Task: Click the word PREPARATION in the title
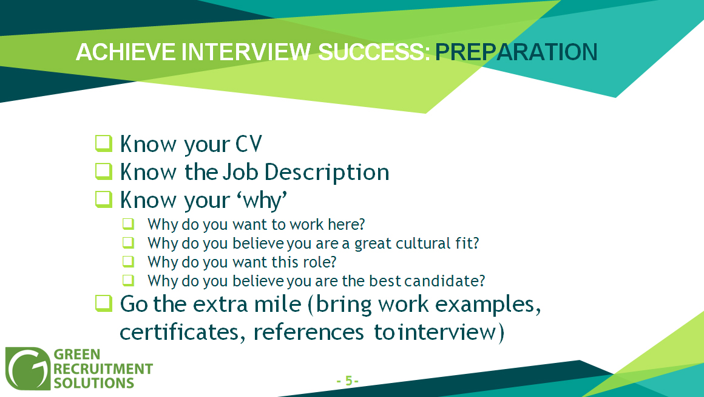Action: (516, 52)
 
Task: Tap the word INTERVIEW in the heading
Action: (246, 52)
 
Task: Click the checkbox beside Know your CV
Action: (104, 143)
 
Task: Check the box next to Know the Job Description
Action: (104, 171)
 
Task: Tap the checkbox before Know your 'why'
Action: (104, 199)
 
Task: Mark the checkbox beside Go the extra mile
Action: (104, 303)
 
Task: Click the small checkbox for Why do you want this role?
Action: (129, 261)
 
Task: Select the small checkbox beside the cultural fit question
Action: (129, 243)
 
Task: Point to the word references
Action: (308, 333)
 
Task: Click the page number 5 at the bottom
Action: (348, 381)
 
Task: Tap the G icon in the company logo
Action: (28, 368)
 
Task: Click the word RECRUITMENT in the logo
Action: (103, 369)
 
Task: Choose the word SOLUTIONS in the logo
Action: (94, 384)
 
